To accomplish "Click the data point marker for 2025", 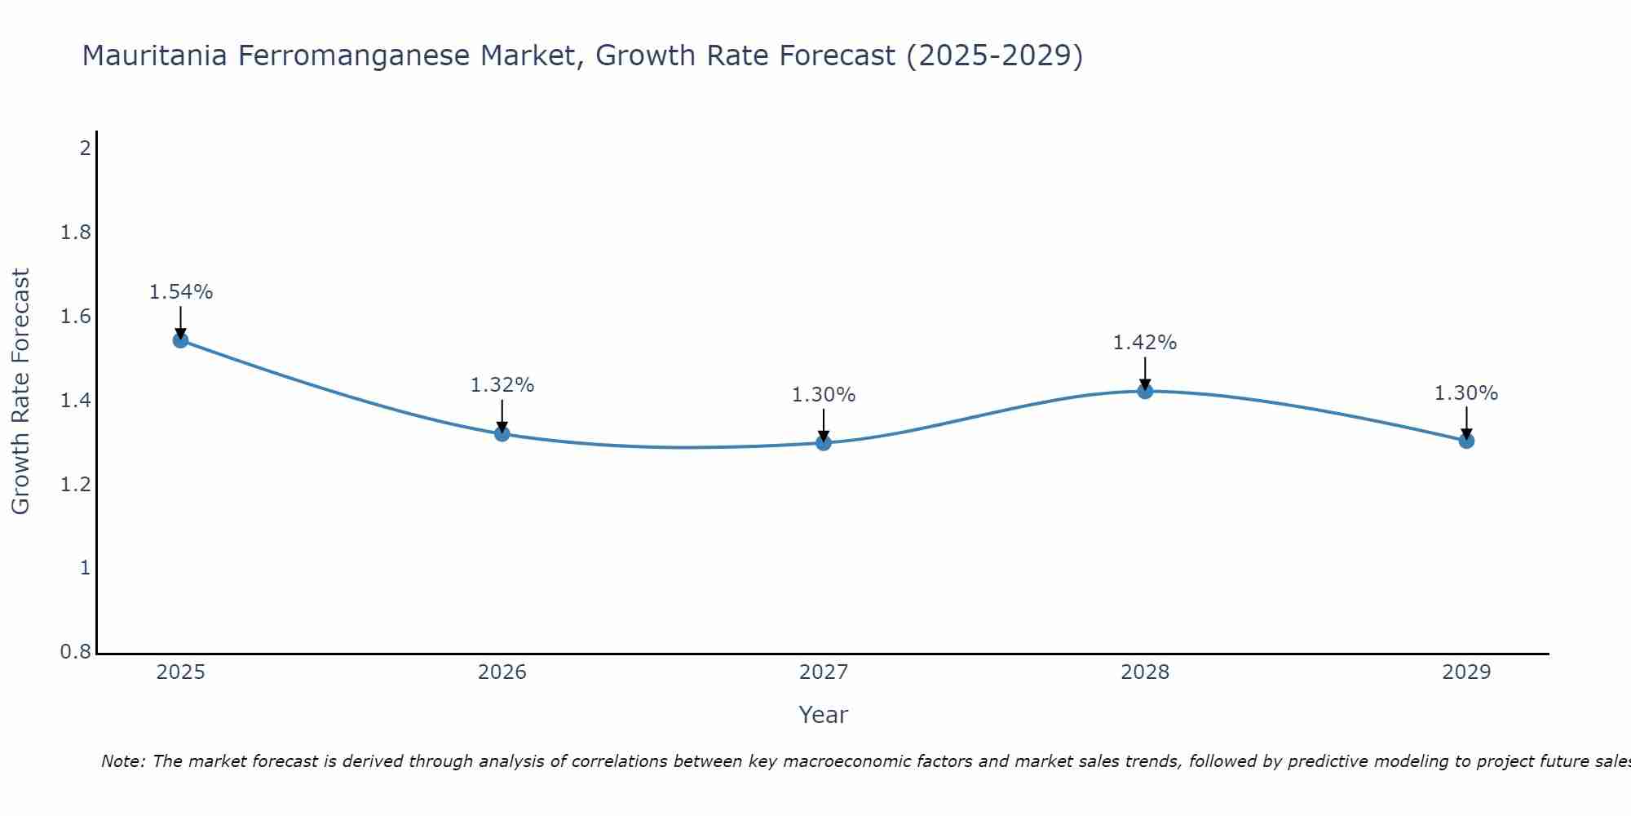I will [181, 339].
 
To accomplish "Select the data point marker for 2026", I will [502, 433].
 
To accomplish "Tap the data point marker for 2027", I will [824, 442].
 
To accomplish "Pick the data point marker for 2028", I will [1145, 391].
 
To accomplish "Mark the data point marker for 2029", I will [1466, 441].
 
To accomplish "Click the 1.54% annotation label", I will [181, 292].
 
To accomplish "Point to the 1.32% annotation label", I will [502, 385].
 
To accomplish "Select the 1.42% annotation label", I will [1145, 343].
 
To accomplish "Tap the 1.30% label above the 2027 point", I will [824, 395].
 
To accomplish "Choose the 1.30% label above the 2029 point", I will [1466, 393].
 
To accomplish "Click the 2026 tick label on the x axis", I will [502, 672].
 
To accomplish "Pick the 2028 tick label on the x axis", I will [1145, 672].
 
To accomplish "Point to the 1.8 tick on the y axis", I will [76, 233].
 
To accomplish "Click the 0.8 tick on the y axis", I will [76, 653].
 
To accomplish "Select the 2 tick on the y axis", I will [85, 149].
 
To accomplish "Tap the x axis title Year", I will [824, 715].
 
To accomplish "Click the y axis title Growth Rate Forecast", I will [21, 392].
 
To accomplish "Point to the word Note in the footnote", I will [122, 761].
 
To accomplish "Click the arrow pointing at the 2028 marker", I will [1145, 374].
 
